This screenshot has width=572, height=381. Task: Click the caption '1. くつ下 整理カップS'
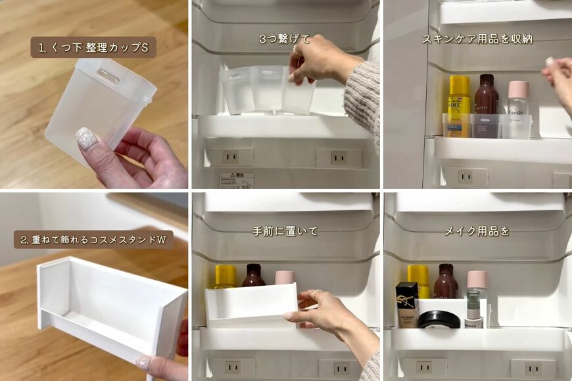93,47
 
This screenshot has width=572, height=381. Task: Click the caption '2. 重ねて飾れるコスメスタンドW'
93,240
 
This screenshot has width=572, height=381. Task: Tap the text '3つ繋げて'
284,39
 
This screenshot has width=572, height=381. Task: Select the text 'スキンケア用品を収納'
477,39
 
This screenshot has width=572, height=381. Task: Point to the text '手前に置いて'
285,231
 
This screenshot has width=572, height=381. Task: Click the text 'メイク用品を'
477,231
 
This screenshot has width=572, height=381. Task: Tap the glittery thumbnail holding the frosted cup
86,139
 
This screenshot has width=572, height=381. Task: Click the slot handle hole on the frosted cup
108,77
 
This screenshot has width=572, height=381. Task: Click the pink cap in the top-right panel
519,89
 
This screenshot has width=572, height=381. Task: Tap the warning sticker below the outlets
236,180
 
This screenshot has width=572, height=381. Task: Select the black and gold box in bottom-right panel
407,304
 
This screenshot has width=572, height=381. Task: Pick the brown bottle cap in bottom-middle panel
253,270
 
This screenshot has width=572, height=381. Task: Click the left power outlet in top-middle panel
230,156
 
